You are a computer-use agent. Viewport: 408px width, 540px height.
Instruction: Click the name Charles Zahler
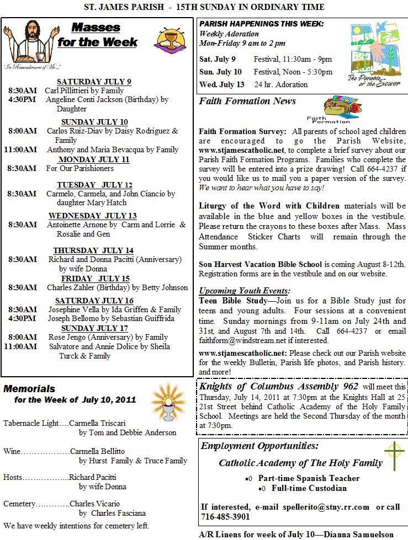[72, 287]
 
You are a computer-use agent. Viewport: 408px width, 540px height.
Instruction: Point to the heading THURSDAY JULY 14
[93, 250]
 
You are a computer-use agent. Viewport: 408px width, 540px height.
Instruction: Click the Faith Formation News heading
[247, 101]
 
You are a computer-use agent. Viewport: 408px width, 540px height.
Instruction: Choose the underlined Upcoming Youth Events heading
[244, 291]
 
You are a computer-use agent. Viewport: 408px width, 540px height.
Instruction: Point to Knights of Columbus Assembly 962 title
[279, 386]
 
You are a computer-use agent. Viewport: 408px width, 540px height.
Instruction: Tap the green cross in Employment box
[394, 456]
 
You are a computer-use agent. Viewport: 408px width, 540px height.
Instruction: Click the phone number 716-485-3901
[225, 517]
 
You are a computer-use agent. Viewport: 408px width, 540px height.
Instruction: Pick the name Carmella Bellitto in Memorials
[97, 451]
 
